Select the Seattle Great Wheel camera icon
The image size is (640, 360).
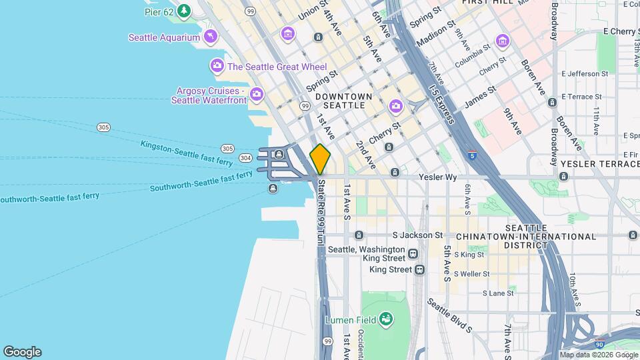click(217, 66)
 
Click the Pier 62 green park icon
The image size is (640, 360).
click(183, 11)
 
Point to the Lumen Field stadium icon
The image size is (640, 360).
click(385, 319)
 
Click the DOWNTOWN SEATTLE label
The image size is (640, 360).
click(343, 101)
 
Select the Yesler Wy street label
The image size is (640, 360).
click(437, 177)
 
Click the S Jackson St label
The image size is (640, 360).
click(417, 235)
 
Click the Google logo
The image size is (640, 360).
click(22, 352)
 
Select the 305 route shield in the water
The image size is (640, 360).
click(103, 127)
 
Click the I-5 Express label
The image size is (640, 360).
click(441, 104)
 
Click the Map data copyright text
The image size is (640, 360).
click(597, 355)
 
